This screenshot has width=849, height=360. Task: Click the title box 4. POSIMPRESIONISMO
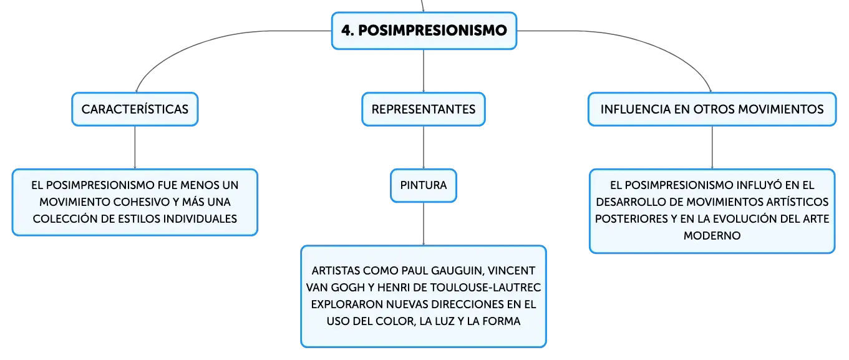point(424,31)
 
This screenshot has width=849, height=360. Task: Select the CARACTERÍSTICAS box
point(135,109)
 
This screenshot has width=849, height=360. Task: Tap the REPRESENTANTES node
point(424,109)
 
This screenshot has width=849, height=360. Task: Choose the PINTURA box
point(424,185)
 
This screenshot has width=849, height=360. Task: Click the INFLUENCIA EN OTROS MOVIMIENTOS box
point(712,109)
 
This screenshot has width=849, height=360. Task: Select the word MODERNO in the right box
point(712,236)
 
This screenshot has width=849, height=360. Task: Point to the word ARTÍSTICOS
point(797,202)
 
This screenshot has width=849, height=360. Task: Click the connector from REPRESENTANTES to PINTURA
point(424,147)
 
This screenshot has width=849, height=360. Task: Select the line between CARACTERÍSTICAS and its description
point(135,147)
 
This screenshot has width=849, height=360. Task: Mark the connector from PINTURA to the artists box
point(424,223)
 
